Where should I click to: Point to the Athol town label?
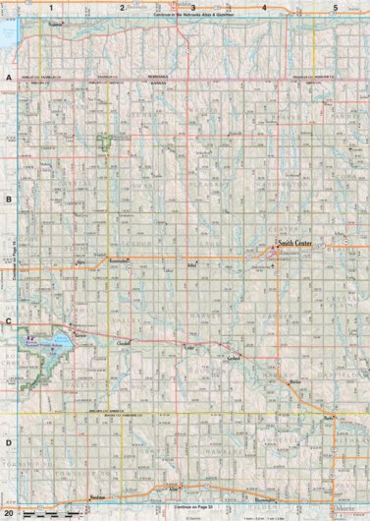[x=191, y=265]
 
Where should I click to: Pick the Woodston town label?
[x=96, y=497]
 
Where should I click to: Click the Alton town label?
[x=176, y=488]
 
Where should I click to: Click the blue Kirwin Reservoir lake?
[x=37, y=344]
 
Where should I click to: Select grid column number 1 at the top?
[x=50, y=8]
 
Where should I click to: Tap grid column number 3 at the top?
[x=193, y=8]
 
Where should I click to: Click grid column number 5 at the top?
[x=336, y=8]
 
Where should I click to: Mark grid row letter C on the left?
[x=9, y=321]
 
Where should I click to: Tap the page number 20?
[x=9, y=512]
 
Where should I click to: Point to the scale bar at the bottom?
[x=44, y=514]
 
